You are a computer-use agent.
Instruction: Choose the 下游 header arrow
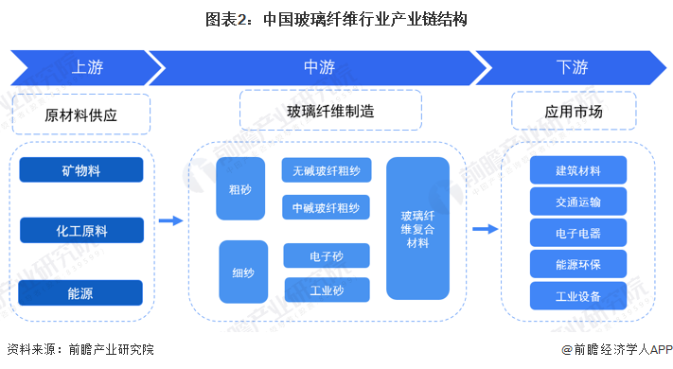(x=572, y=67)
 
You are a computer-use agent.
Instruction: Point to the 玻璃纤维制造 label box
(x=331, y=111)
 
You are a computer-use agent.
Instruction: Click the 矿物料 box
(x=80, y=170)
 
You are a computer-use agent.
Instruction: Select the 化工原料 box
(x=80, y=230)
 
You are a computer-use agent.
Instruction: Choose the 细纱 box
(x=243, y=272)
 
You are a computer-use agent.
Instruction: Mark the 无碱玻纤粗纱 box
(x=327, y=170)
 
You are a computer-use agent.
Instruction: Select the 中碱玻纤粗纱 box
(x=327, y=206)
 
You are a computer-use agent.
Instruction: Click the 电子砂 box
(x=327, y=255)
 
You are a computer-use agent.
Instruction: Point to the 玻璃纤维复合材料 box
(x=417, y=230)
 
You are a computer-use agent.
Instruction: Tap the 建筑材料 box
(x=578, y=170)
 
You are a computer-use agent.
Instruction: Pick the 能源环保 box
(x=578, y=263)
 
